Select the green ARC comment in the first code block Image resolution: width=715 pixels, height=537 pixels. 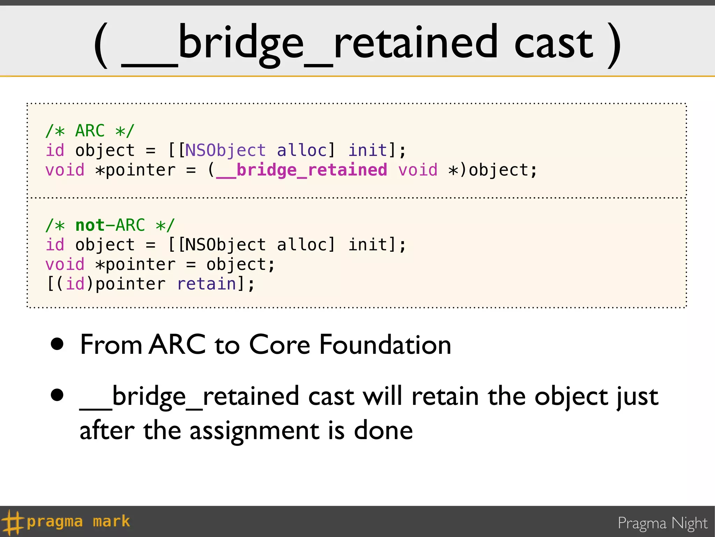click(90, 131)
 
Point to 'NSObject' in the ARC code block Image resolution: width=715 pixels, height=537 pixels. click(225, 151)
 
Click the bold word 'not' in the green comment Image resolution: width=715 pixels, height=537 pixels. click(90, 225)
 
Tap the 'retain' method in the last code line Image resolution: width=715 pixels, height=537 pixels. click(207, 284)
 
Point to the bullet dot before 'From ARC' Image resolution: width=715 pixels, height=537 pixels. click(57, 344)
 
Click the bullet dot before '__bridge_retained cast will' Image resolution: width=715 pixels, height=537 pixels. click(57, 395)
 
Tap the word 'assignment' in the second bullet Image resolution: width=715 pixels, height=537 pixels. click(254, 431)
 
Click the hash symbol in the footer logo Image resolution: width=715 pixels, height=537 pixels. click(12, 522)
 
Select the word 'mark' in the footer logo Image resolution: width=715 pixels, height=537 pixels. click(111, 522)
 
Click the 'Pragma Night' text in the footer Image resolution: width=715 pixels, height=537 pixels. click(662, 523)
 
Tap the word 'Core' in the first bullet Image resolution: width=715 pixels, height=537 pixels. click(279, 345)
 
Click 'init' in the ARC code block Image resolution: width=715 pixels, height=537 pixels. click(367, 151)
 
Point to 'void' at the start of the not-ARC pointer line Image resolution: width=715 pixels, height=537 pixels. click(65, 264)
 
